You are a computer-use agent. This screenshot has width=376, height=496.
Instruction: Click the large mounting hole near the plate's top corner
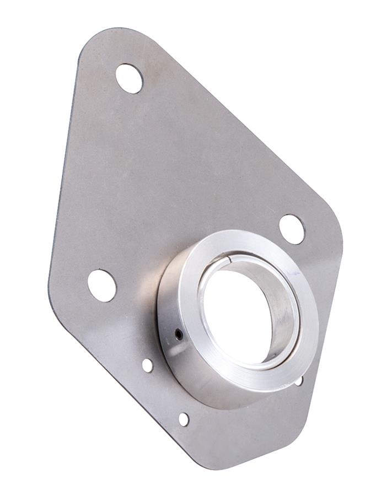click(129, 78)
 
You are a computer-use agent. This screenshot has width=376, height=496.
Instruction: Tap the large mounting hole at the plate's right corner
click(292, 229)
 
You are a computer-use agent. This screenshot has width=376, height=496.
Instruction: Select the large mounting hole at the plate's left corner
click(102, 285)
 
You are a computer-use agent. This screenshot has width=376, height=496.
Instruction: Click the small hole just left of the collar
click(147, 365)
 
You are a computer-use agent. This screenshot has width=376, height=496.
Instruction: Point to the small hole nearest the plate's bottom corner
click(184, 419)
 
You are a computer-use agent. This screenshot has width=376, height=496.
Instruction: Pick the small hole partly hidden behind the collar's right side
click(299, 381)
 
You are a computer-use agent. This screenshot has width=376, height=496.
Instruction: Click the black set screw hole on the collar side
click(178, 333)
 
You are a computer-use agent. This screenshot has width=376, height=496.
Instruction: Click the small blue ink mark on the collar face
click(295, 274)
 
